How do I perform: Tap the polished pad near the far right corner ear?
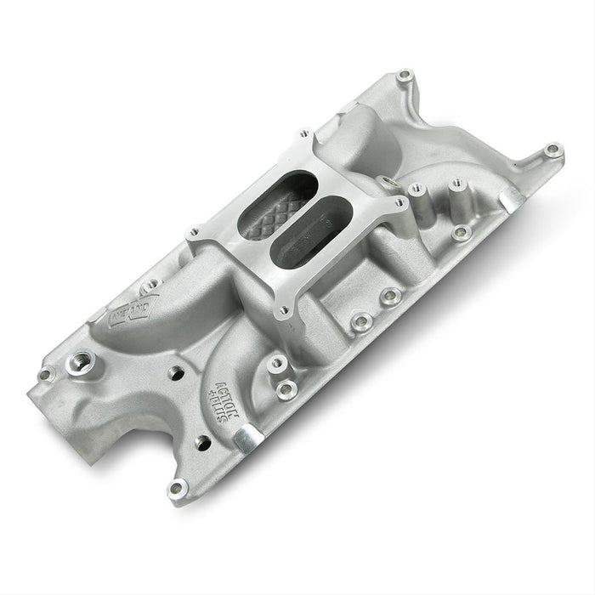point(513,199)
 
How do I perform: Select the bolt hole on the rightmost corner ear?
point(553,150)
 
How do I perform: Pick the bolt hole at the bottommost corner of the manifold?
point(178,487)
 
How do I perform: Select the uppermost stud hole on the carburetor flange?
point(302,135)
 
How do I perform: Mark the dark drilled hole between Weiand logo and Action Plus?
point(178,371)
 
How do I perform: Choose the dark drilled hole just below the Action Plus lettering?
point(202,442)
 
